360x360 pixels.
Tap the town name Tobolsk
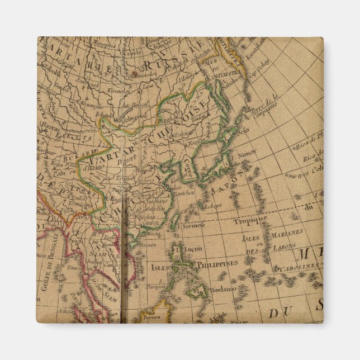point(50,72)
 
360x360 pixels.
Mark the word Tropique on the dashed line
point(250,220)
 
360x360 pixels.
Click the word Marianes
point(288,231)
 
